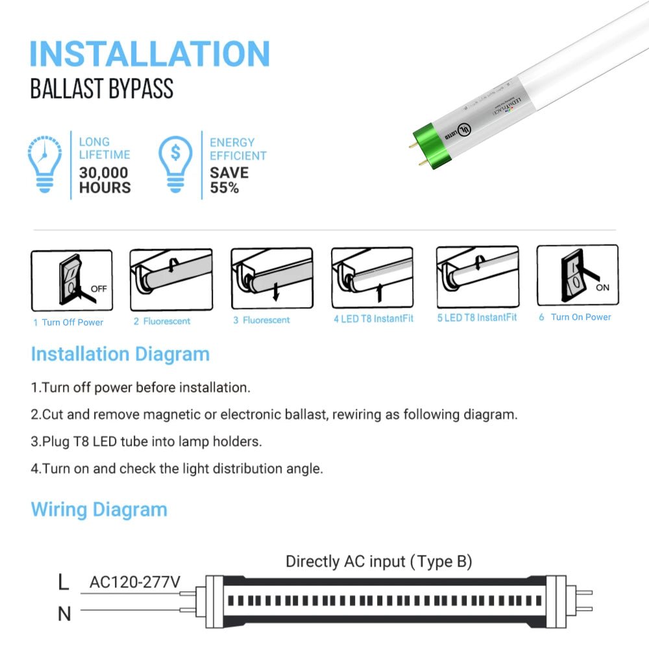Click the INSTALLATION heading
point(149,54)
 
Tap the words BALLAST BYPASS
point(102,89)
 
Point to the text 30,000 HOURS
point(104,180)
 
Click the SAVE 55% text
point(228,180)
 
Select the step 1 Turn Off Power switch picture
point(71,280)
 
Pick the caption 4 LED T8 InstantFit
point(373,319)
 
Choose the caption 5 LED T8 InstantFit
point(477,317)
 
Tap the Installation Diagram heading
point(120,354)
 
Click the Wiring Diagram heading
point(99,509)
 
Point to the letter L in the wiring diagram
point(63,582)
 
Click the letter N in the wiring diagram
point(64,613)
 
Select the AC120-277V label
point(134,582)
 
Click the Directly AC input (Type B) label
point(378,561)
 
